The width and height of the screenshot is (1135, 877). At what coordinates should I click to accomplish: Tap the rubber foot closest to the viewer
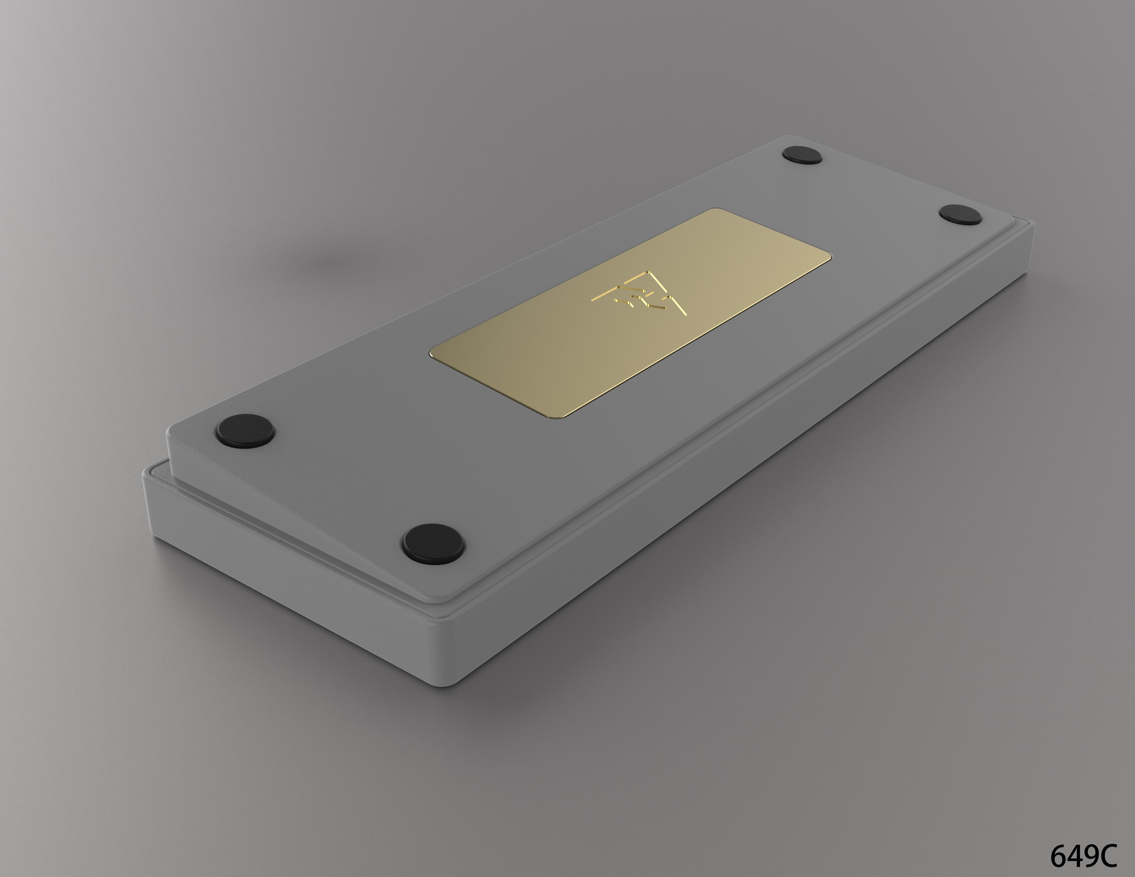click(433, 543)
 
